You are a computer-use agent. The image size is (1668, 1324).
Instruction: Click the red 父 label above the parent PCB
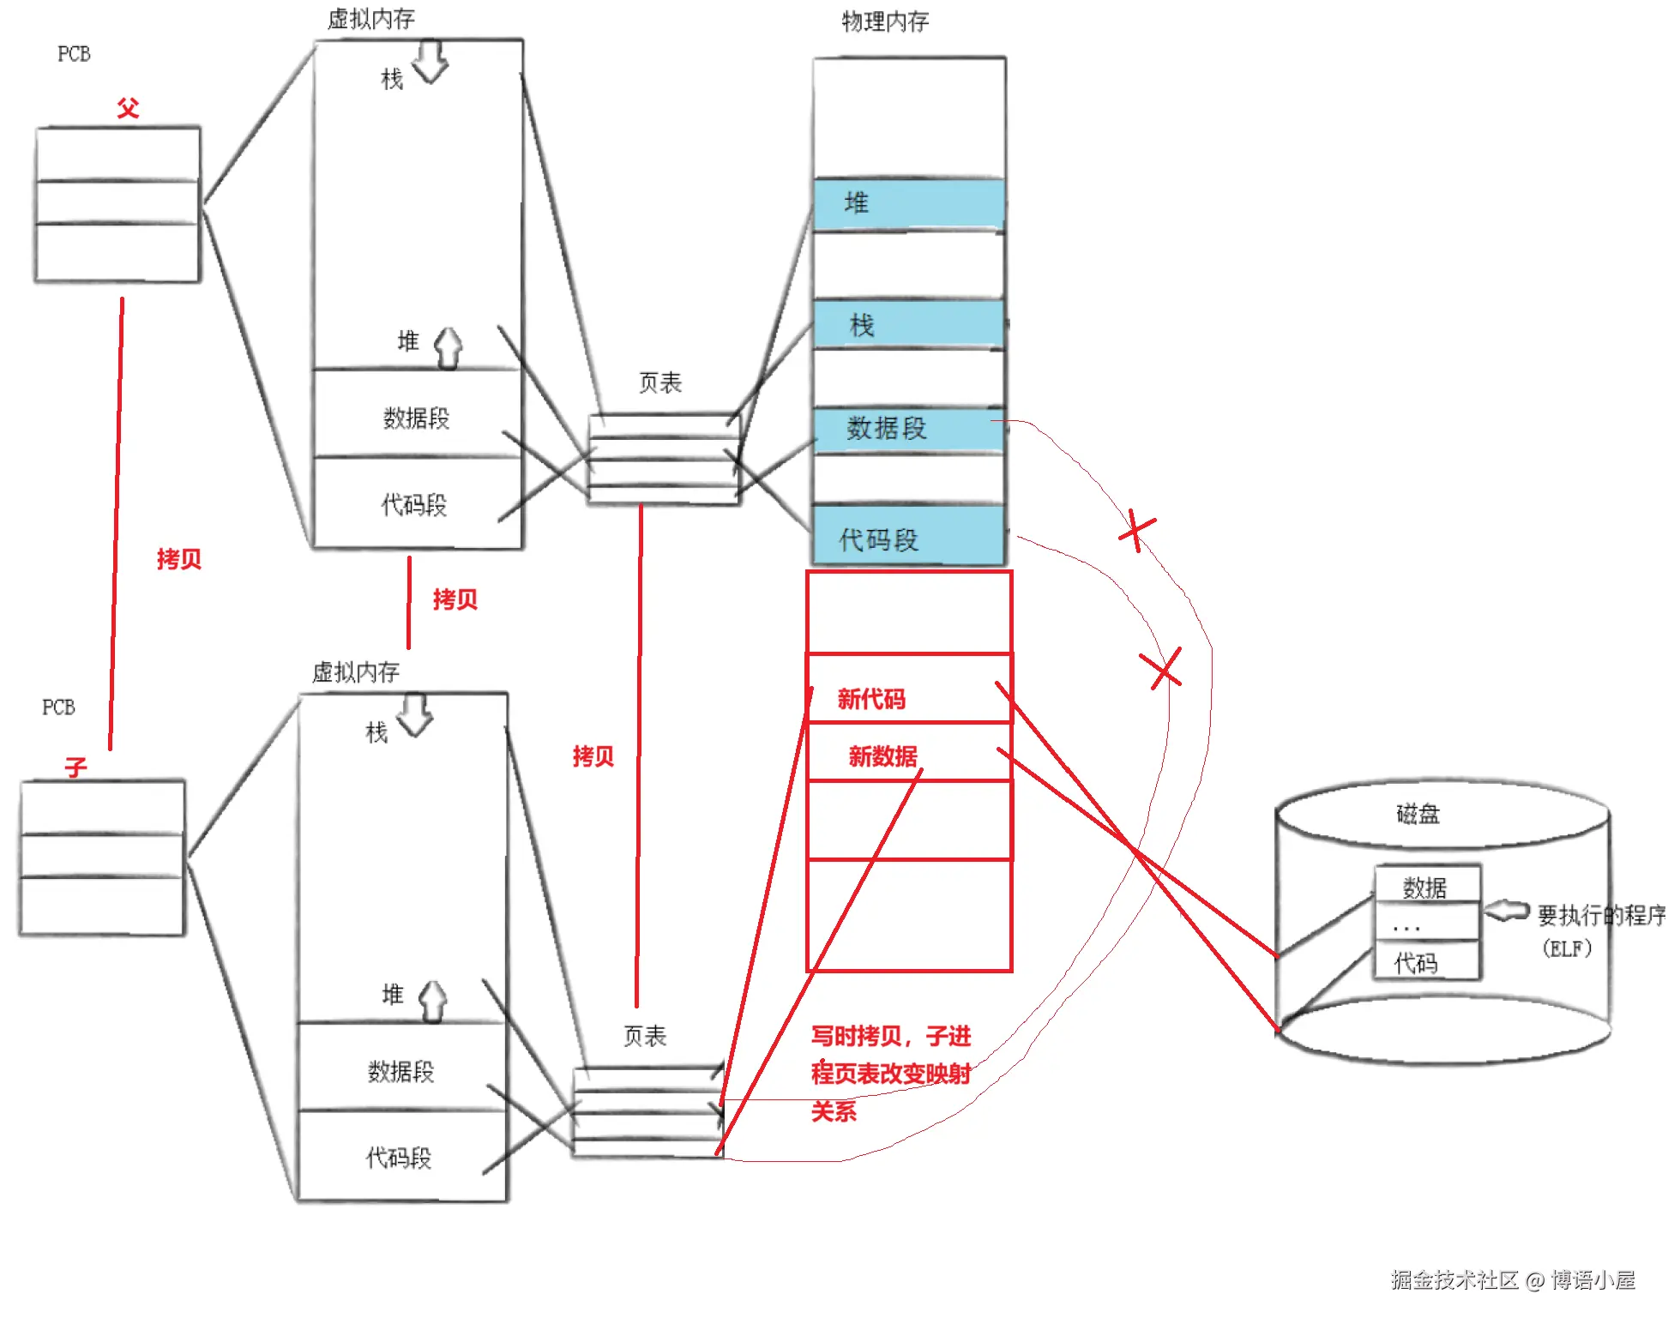[x=128, y=108]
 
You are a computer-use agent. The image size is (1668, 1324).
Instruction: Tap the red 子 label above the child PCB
[x=75, y=767]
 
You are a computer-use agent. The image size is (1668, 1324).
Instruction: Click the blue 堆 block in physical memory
[x=908, y=204]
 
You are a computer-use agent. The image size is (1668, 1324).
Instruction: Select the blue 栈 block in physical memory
[x=908, y=324]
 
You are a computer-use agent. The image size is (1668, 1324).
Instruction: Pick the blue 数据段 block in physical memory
[x=908, y=429]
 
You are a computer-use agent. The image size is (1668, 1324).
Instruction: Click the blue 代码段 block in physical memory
[x=908, y=536]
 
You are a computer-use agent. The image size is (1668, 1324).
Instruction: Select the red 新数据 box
[x=908, y=752]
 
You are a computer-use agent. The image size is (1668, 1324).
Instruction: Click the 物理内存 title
[x=885, y=21]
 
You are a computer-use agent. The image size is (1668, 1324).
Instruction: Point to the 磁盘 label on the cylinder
[x=1418, y=813]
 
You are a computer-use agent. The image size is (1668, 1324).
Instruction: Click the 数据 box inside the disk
[x=1426, y=886]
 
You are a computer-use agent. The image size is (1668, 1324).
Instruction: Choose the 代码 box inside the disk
[x=1426, y=962]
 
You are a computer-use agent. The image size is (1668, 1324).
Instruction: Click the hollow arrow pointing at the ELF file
[x=1507, y=912]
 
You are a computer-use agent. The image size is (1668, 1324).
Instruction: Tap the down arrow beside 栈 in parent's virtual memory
[x=431, y=62]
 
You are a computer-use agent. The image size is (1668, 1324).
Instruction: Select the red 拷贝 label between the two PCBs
[x=179, y=559]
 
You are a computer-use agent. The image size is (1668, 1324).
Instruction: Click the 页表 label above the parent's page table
[x=660, y=382]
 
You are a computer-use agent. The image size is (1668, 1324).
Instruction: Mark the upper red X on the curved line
[x=1137, y=532]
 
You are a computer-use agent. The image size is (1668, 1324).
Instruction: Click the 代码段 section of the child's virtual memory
[x=400, y=1157]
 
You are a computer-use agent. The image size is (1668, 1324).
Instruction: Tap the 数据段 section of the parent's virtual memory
[x=417, y=418]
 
